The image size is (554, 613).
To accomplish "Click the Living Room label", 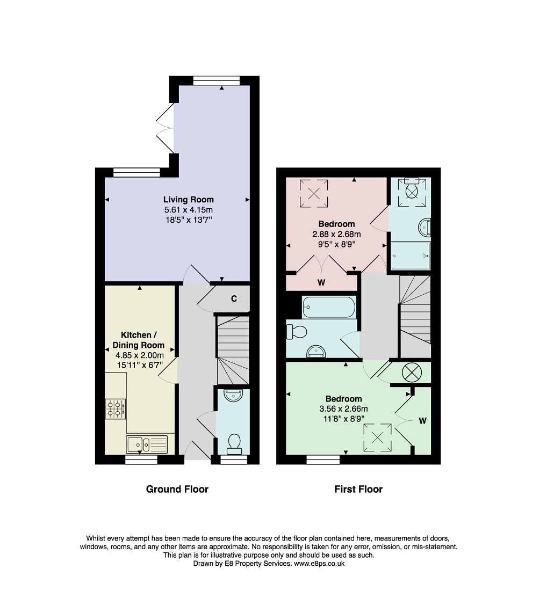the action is pos(189,199).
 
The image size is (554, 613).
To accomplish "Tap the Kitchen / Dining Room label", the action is pos(139,340).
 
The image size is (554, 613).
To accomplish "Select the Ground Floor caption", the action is pos(177,489).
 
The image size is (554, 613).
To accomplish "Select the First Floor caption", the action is pos(358,489).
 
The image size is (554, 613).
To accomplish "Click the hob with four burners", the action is pos(116,409).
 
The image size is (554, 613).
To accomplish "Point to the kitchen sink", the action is pos(146,444).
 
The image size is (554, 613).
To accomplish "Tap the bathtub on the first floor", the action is pos(329,307).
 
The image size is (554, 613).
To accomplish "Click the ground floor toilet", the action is pos(234,444).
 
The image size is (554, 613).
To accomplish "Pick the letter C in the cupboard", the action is pos(234,298).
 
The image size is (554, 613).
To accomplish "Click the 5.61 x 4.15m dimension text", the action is pos(189,210).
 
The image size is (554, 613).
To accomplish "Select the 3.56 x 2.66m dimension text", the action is pos(343,409).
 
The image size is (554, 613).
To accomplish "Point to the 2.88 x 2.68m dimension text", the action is pos(336,235).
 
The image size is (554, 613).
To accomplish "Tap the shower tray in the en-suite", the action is pos(411,256).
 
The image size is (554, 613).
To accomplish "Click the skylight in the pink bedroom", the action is pos(314,194).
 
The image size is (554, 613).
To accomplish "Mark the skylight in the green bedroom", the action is pos(378,437).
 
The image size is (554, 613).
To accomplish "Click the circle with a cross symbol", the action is pos(412,373).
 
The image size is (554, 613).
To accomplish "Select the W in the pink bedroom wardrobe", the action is pos(321,282).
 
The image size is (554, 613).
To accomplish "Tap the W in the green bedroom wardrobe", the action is pos(422,421).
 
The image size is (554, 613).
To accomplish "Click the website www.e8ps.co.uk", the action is pos(319,564).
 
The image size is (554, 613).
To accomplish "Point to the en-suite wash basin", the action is pos(425,228).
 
